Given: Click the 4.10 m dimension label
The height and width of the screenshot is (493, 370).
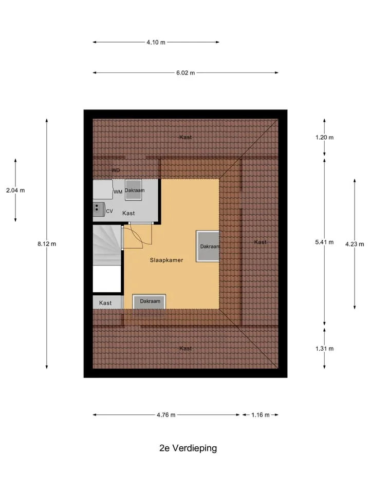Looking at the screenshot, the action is click(x=156, y=42).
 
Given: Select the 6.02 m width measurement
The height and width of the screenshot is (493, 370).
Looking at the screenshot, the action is click(x=186, y=73).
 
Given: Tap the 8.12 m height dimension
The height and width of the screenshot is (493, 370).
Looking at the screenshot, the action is click(x=47, y=243).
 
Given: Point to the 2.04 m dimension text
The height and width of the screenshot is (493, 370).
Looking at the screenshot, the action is click(x=15, y=190).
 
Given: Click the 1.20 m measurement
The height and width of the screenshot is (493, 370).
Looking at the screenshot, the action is click(x=324, y=138).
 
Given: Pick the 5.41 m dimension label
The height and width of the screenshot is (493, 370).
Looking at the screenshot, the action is click(x=324, y=242).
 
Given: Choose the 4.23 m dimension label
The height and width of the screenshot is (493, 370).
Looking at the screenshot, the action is click(x=355, y=244).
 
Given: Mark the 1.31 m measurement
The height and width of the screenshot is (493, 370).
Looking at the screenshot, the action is click(x=324, y=348).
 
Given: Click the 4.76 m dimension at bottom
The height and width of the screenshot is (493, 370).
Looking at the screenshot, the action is click(x=166, y=415).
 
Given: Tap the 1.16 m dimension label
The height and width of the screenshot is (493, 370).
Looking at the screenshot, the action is click(x=260, y=415).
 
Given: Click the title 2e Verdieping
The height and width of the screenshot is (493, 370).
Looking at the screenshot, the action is click(x=188, y=448).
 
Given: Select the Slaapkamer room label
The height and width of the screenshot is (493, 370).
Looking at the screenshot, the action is click(x=166, y=260).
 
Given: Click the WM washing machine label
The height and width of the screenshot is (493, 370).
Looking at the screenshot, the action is click(x=118, y=192).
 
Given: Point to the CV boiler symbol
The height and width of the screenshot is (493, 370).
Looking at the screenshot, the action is click(x=99, y=210).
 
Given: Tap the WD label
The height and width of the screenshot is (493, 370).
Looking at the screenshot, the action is click(x=116, y=170).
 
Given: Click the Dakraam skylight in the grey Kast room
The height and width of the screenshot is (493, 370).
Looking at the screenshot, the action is click(x=134, y=190).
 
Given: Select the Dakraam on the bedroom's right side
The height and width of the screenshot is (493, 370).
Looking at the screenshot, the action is click(x=208, y=246).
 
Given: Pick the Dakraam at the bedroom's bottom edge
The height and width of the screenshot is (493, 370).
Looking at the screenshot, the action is click(x=149, y=301).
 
